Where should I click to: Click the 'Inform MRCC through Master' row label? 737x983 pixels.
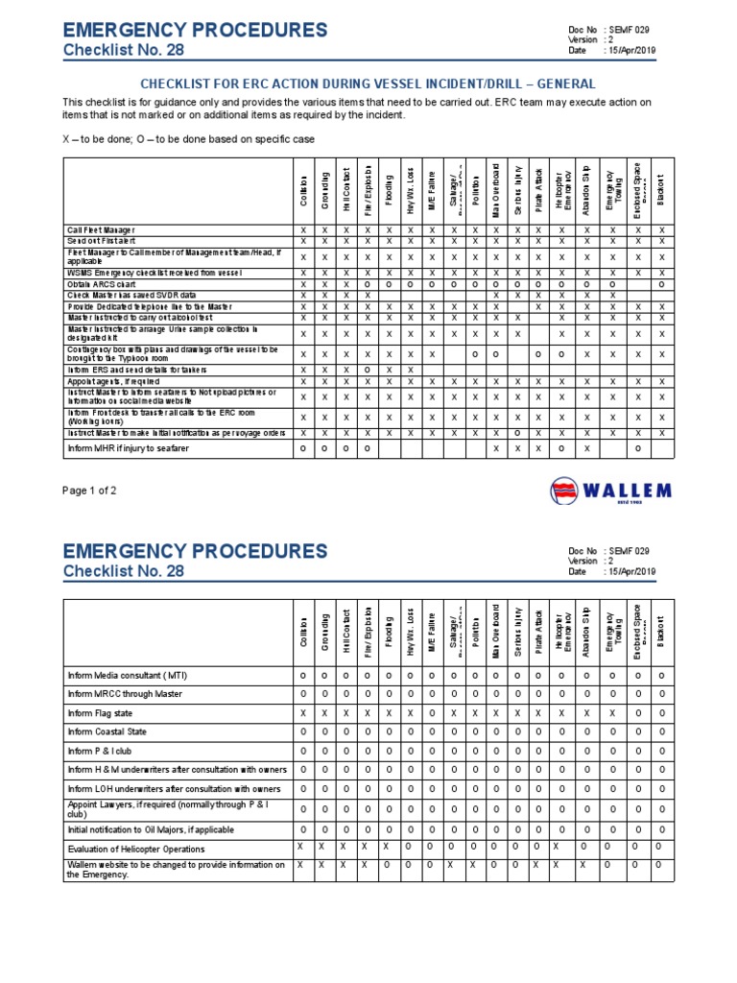point(124,693)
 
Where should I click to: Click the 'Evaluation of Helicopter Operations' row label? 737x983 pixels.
point(135,849)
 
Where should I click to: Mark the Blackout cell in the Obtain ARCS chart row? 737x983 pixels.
point(661,284)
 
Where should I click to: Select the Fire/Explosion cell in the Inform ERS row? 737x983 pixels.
point(367,370)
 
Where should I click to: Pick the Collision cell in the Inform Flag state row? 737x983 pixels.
point(302,713)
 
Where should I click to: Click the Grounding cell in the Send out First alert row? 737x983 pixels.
point(324,241)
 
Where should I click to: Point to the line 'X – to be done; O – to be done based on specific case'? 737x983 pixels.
point(188,140)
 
